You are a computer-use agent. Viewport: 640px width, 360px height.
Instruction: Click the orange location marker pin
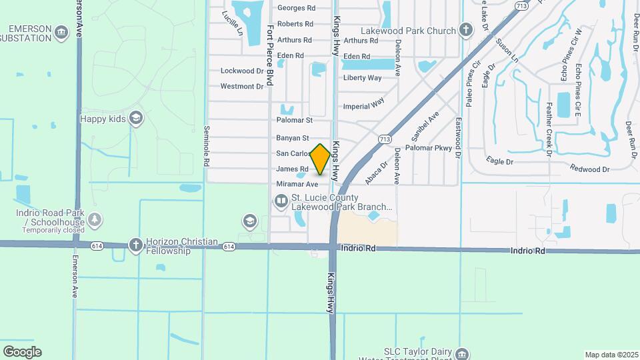[321, 159]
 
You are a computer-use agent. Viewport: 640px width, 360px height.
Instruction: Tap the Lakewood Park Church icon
[465, 30]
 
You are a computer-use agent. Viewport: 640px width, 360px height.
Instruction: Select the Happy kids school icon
[137, 119]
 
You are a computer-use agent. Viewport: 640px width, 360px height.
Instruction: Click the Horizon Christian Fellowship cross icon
[136, 244]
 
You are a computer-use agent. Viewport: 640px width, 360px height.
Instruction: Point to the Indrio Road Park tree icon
[95, 219]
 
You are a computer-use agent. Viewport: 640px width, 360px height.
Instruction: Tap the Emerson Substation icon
[61, 31]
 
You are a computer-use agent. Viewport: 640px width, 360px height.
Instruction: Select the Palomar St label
[295, 121]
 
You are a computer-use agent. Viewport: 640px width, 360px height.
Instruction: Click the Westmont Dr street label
[242, 87]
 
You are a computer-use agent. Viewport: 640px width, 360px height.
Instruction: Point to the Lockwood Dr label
[242, 71]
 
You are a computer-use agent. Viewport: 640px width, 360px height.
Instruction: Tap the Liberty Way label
[362, 78]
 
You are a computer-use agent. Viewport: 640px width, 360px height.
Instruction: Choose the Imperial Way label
[364, 105]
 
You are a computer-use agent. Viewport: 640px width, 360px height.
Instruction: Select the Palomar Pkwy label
[429, 148]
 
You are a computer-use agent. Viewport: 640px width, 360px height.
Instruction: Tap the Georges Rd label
[296, 8]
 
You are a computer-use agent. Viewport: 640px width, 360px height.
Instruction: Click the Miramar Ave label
[297, 184]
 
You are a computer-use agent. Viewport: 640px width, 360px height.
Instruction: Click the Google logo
[22, 352]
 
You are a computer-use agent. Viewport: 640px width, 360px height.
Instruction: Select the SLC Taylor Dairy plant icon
[463, 353]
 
